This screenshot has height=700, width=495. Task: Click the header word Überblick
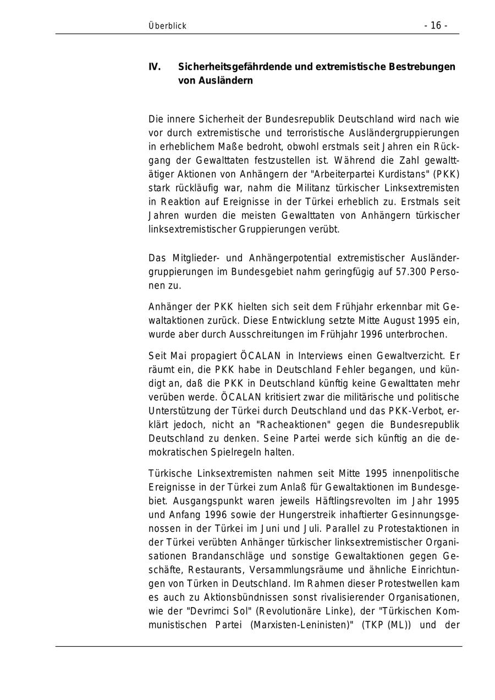167,26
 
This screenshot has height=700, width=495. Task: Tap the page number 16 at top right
436,26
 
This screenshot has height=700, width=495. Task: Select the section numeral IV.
155,67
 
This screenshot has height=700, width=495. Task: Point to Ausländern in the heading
225,81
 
